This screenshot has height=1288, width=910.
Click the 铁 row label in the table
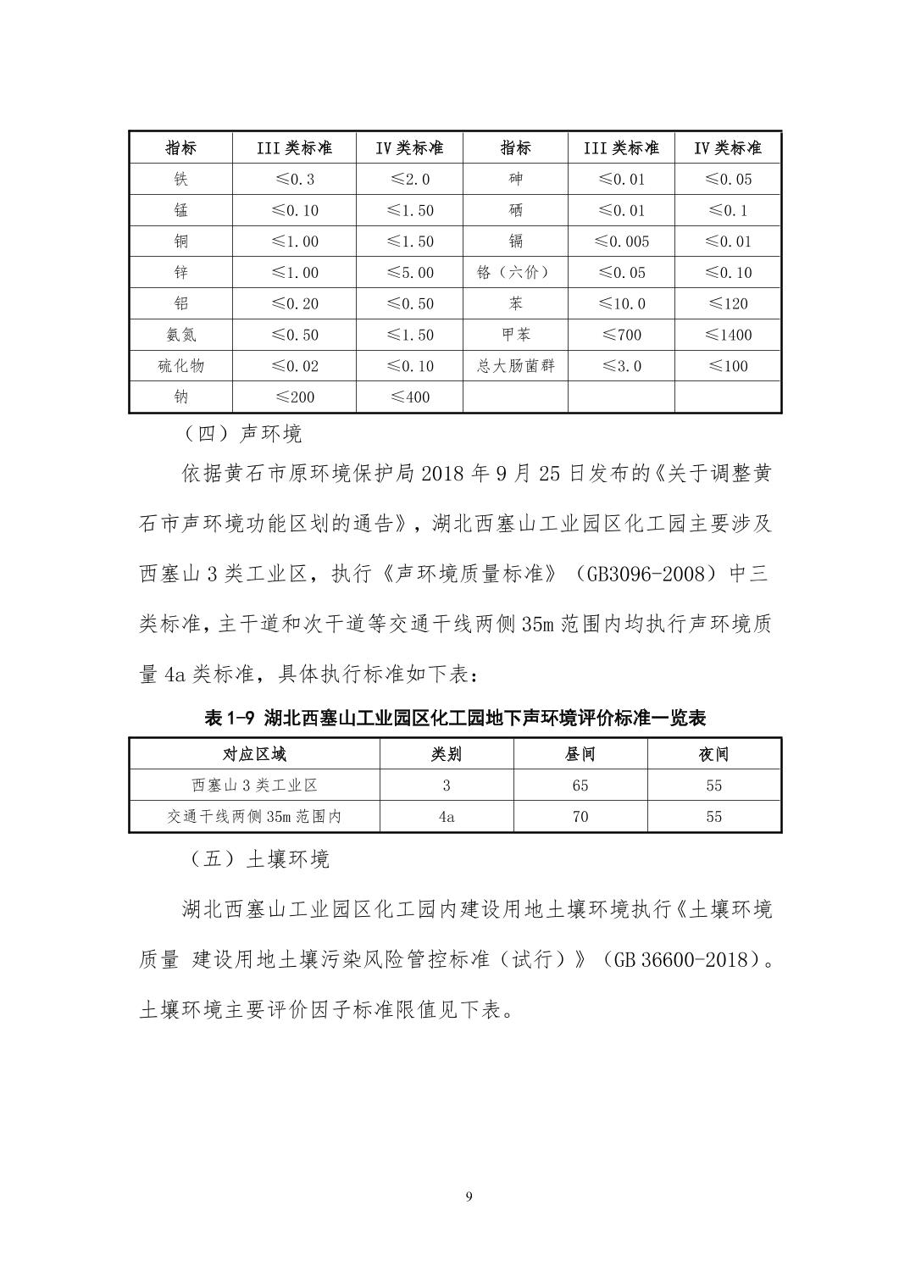pos(180,179)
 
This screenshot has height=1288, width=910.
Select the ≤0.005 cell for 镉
pos(621,241)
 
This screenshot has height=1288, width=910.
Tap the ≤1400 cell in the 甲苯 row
pos(728,335)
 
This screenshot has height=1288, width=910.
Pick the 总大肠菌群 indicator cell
pos(515,366)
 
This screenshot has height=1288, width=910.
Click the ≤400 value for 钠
pos(410,397)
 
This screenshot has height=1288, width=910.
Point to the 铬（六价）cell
pos(515,272)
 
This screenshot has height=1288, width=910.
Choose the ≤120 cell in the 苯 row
pos(728,303)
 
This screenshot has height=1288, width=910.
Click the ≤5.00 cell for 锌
pos(410,273)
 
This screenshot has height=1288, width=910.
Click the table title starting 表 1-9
pos(455,719)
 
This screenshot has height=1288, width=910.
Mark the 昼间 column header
pos(580,754)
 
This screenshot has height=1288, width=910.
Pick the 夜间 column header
pos(713,754)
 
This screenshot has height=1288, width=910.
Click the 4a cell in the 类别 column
pos(447,817)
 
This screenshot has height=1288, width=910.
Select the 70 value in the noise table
pos(580,817)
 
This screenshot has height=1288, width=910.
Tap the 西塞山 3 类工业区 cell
pos(254,786)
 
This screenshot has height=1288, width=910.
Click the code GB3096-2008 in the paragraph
pos(643,575)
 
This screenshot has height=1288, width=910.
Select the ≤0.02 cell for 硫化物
pos(295,366)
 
